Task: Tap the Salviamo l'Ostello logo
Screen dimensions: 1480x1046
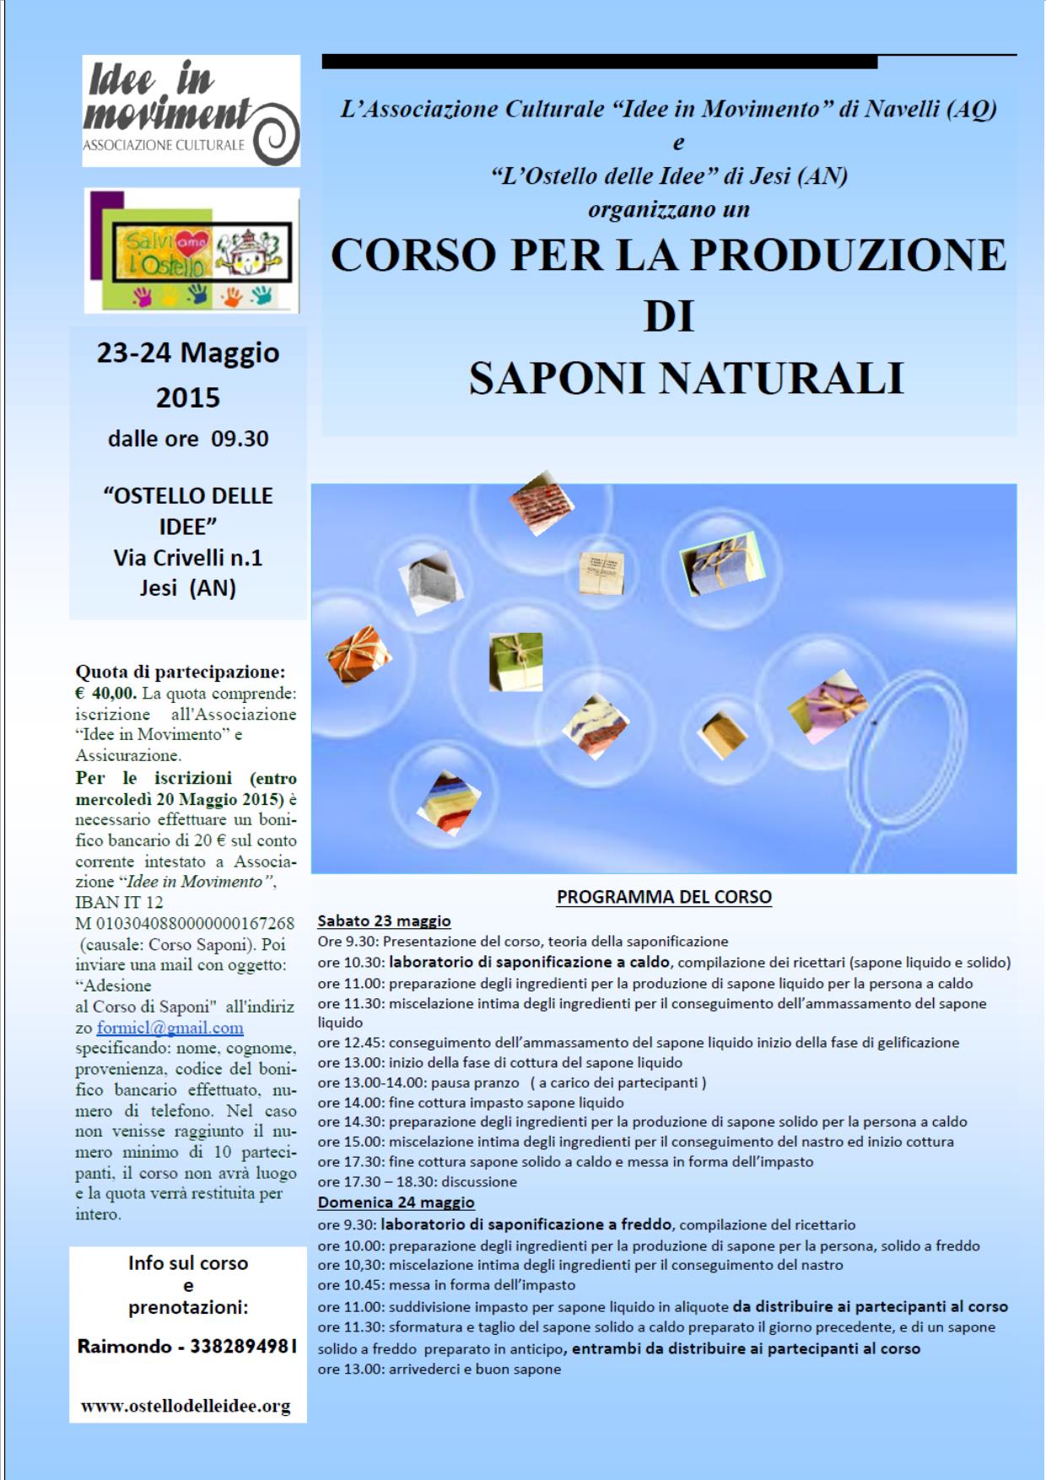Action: (191, 251)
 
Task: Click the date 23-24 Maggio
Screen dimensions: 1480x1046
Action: (187, 353)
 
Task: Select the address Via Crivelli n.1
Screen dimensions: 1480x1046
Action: (188, 558)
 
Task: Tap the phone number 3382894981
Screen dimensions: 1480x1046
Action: (244, 1347)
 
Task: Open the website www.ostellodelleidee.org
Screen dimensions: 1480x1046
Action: (186, 1406)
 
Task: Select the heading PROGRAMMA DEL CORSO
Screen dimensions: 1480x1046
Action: (664, 897)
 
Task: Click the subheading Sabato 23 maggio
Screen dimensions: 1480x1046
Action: (384, 921)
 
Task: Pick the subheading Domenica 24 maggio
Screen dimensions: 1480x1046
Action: (396, 1202)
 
